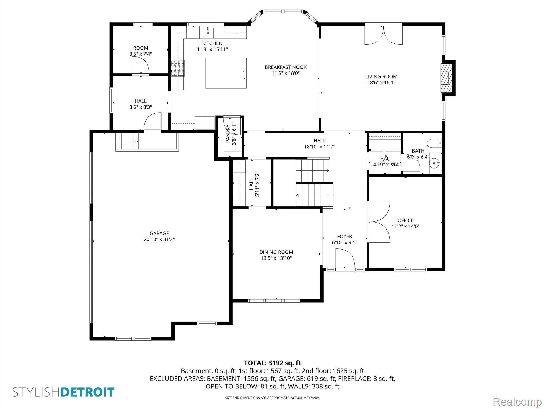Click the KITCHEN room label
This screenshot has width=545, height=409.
tap(212, 43)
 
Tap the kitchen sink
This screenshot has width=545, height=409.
tap(208, 33)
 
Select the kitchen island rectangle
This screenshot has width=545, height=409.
tap(226, 73)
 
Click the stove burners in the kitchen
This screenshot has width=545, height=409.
tap(178, 68)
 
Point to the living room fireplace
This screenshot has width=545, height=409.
tap(446, 78)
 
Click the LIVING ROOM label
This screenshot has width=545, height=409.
tap(381, 77)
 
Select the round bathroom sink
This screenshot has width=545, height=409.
tap(435, 163)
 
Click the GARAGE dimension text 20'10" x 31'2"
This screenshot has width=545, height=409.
tap(159, 239)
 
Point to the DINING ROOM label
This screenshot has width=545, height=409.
tap(276, 252)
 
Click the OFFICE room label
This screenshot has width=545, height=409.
tap(406, 220)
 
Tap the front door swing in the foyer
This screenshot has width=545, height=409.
tap(345, 258)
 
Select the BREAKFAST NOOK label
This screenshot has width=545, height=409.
tap(286, 67)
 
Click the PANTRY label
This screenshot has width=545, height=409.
tap(228, 134)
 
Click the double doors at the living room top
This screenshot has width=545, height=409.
tap(383, 35)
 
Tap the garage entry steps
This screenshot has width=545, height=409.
tap(127, 141)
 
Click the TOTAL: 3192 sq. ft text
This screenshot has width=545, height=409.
tap(272, 363)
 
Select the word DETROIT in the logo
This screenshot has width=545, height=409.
tap(88, 392)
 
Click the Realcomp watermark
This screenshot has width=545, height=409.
tap(517, 402)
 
